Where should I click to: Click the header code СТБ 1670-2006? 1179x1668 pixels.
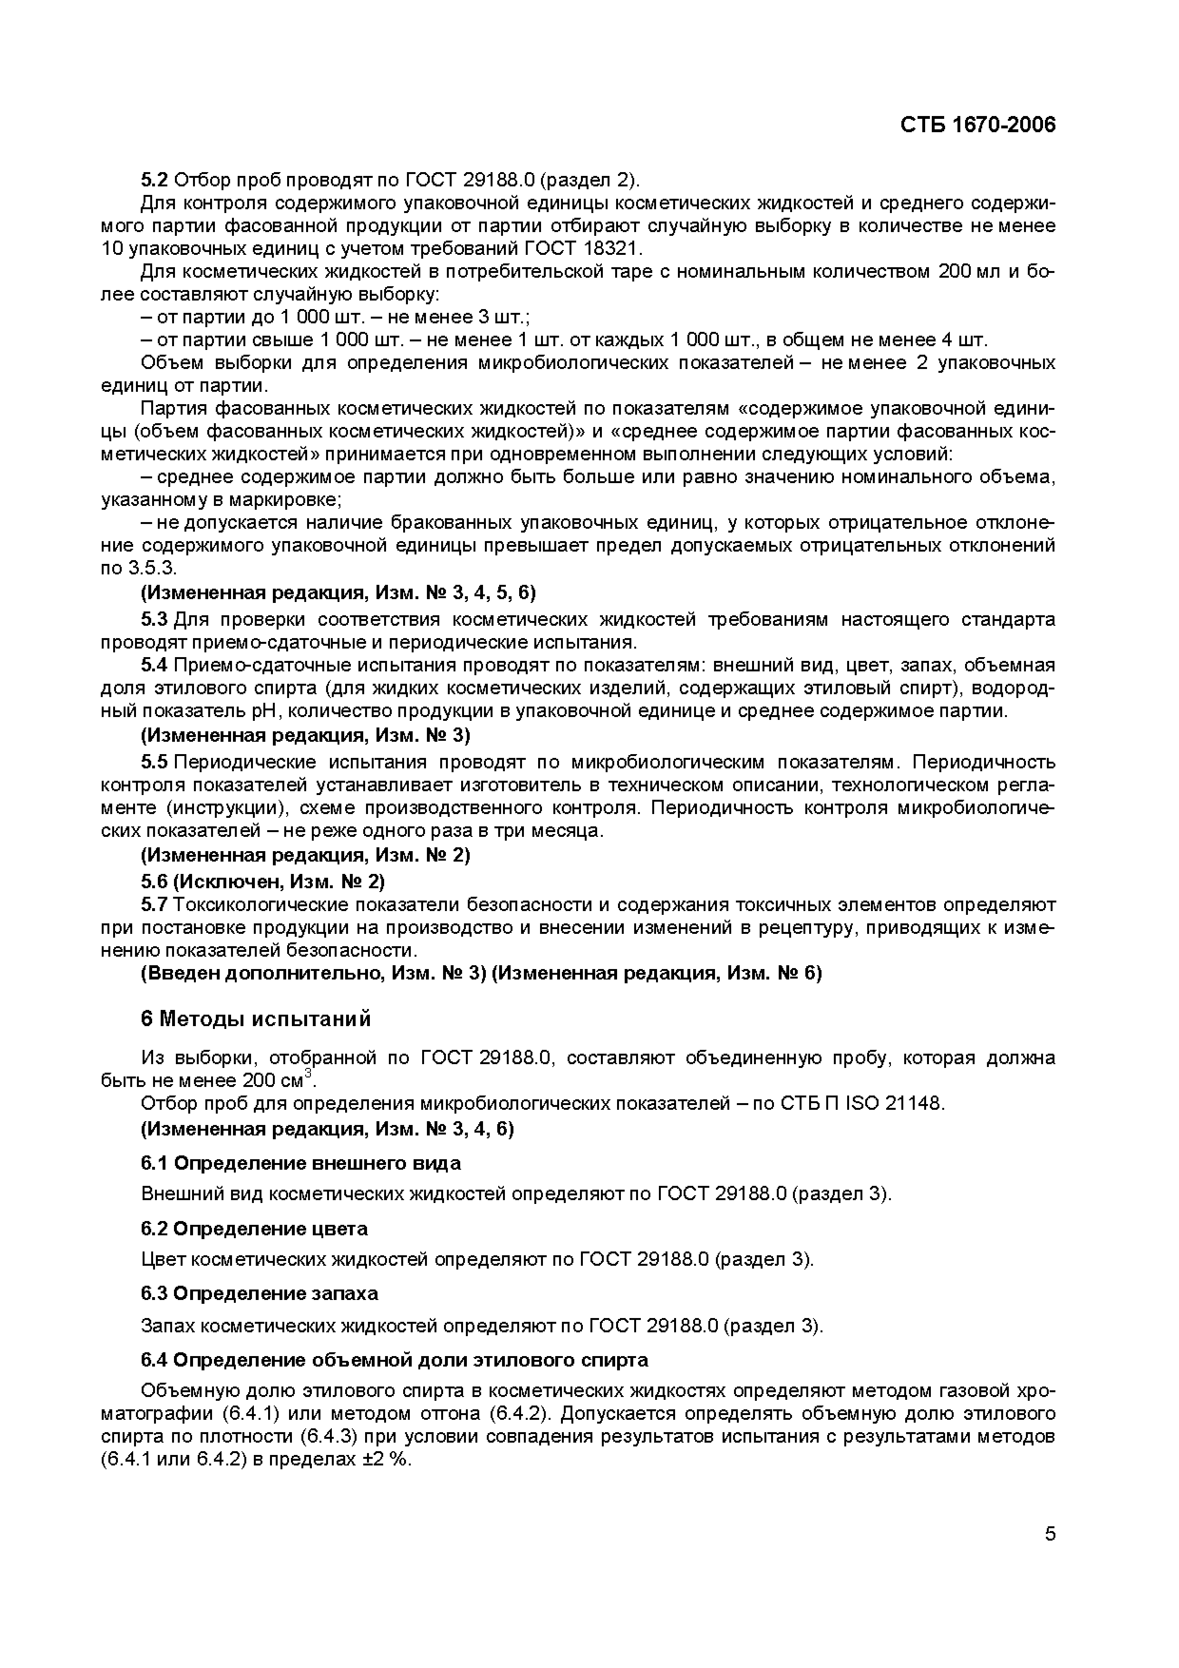coord(978,125)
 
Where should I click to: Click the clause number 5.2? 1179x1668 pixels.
coord(154,179)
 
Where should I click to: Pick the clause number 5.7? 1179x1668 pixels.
coord(154,904)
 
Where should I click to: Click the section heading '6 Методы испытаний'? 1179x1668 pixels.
coord(256,1019)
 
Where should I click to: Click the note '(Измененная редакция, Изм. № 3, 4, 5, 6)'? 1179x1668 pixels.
coord(338,593)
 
